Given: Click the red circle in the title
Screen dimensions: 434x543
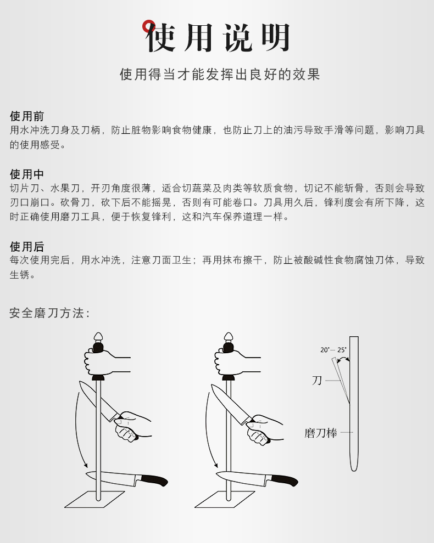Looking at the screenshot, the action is (148, 26).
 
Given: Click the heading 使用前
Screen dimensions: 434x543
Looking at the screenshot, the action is (27, 116).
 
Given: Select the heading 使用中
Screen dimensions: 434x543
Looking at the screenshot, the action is (27, 174).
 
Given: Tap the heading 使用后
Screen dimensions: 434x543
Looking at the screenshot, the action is (27, 247).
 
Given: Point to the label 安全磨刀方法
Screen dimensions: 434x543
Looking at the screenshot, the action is (49, 313).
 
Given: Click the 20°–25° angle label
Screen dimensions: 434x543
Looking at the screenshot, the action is (333, 350).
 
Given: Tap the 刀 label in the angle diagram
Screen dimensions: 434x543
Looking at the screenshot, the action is (317, 381).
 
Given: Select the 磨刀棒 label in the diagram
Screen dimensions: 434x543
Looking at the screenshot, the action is (321, 433).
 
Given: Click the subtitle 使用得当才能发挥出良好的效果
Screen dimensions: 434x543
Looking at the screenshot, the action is (220, 75).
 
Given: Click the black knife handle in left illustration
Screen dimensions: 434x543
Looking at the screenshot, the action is (154, 480).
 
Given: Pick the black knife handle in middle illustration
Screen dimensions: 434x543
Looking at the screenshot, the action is (285, 480).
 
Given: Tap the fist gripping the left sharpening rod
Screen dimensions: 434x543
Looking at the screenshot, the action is (101, 363).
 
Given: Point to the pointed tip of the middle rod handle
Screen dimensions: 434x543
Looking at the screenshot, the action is (229, 333).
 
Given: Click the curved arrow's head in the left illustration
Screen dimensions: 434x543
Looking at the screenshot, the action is (85, 466).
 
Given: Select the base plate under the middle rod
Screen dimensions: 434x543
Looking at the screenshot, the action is (225, 499).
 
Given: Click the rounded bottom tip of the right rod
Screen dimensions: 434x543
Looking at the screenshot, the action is (354, 470).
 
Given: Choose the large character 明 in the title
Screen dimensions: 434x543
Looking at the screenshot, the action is (275, 37).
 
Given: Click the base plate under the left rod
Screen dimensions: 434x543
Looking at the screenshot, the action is (94, 499).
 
